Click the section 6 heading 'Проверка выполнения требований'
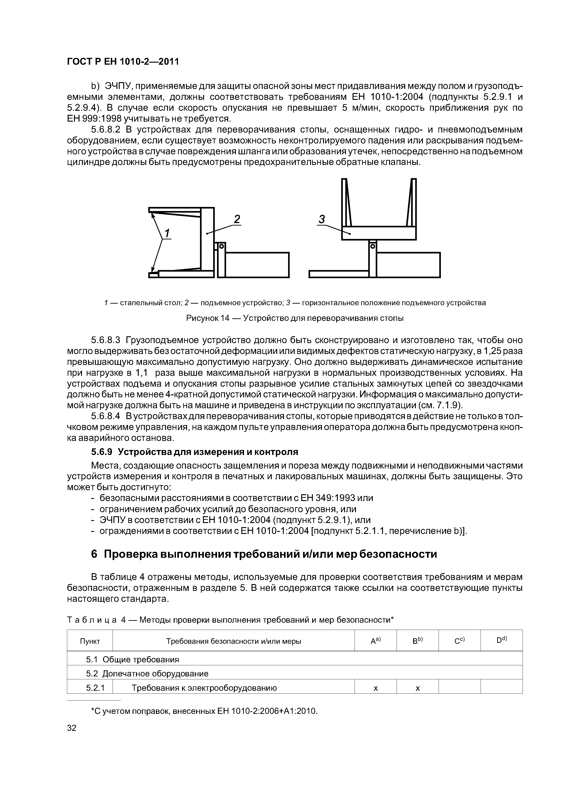click(x=264, y=554)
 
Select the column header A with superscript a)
click(x=375, y=641)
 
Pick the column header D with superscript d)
click(x=501, y=641)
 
